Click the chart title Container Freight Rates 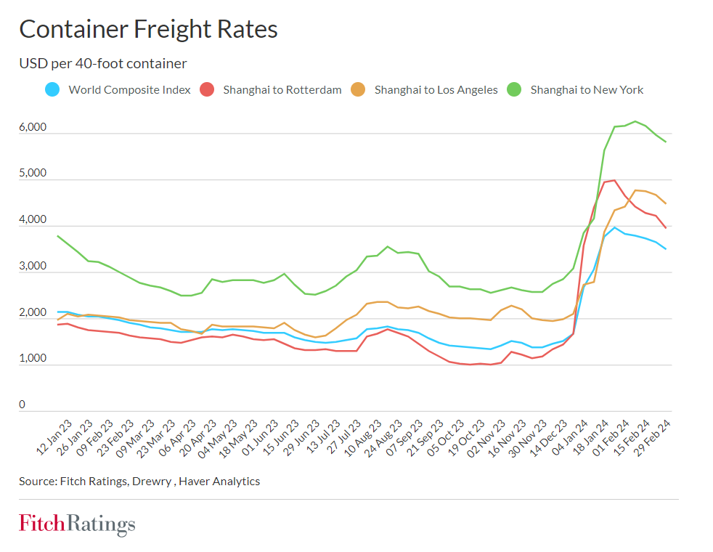[x=148, y=29]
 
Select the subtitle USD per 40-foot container [x=103, y=64]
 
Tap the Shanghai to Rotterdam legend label [x=282, y=90]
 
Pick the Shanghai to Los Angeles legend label [x=436, y=90]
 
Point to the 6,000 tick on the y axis [x=33, y=127]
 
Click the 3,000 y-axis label [x=33, y=267]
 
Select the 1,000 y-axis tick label [x=33, y=359]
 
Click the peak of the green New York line [x=635, y=121]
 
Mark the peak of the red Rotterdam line [x=614, y=180]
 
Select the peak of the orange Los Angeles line [x=635, y=190]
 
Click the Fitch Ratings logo [x=77, y=524]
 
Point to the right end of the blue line [x=666, y=249]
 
